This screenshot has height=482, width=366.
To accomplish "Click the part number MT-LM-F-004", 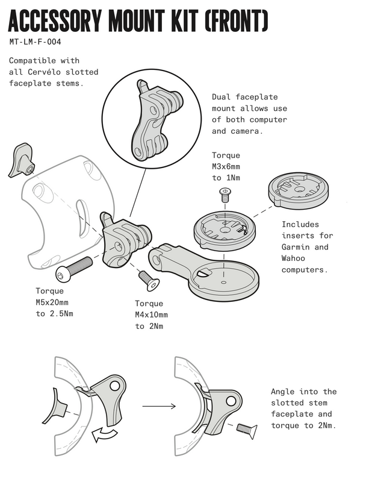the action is click(35, 42).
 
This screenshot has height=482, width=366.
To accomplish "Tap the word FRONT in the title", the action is click(235, 20).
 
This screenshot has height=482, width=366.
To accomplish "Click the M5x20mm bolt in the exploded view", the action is click(73, 269).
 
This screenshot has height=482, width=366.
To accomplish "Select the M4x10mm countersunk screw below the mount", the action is click(149, 280).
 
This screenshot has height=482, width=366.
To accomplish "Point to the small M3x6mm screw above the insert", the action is click(225, 195).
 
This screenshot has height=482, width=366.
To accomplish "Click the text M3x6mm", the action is click(226, 167).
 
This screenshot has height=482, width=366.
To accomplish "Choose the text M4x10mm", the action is click(151, 315).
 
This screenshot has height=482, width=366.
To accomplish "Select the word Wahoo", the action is click(293, 258).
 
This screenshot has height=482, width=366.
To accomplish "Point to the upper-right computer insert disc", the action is click(298, 191).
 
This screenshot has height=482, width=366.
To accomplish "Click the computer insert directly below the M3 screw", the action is click(225, 231).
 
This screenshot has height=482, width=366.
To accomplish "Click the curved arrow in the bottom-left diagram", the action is click(105, 434).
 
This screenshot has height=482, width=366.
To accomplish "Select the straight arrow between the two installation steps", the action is click(159, 406).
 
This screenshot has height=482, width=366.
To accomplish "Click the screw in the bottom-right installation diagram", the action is click(247, 430).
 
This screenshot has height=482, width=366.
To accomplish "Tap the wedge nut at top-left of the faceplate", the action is click(21, 160).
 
